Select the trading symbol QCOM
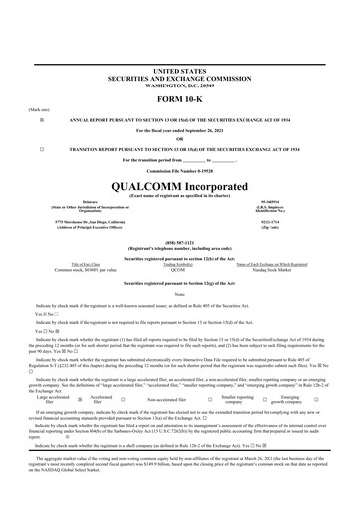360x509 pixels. pyautogui.click(x=178, y=269)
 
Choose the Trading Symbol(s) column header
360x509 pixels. pyautogui.click(x=178, y=263)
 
